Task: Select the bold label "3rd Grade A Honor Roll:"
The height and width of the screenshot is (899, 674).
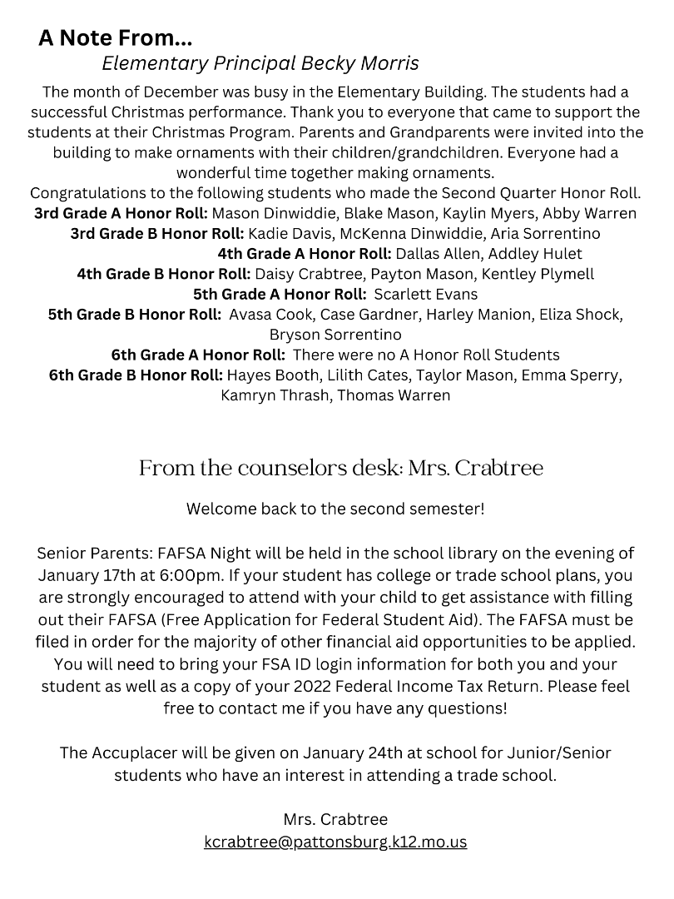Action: point(121,213)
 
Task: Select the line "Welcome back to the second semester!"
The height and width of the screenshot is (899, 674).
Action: point(335,509)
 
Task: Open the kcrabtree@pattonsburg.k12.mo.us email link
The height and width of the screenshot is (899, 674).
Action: point(335,842)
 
